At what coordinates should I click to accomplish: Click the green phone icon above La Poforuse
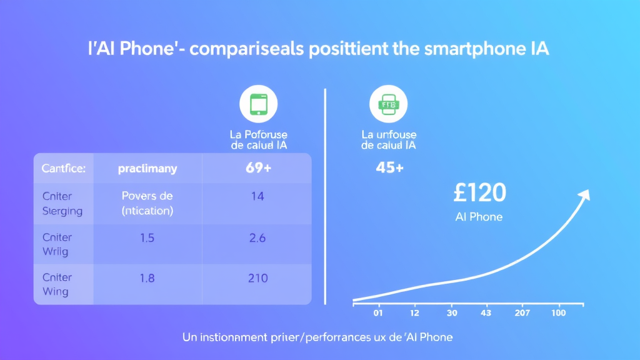point(258,104)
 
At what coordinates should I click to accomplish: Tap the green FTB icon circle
point(388,104)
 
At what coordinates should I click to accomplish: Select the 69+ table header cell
point(256,168)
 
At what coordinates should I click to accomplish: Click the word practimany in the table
point(147,168)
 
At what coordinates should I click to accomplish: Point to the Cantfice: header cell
point(63,168)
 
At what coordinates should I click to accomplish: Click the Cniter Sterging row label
point(62,203)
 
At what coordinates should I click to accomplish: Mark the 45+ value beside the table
point(389,168)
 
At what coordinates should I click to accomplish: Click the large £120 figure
point(479,194)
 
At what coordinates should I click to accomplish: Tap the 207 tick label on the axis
point(521,312)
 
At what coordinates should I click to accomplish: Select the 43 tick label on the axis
point(485,312)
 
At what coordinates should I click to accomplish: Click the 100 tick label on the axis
point(558,312)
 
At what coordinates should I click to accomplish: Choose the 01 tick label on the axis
point(377,312)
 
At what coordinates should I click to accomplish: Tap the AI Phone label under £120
point(479,217)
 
